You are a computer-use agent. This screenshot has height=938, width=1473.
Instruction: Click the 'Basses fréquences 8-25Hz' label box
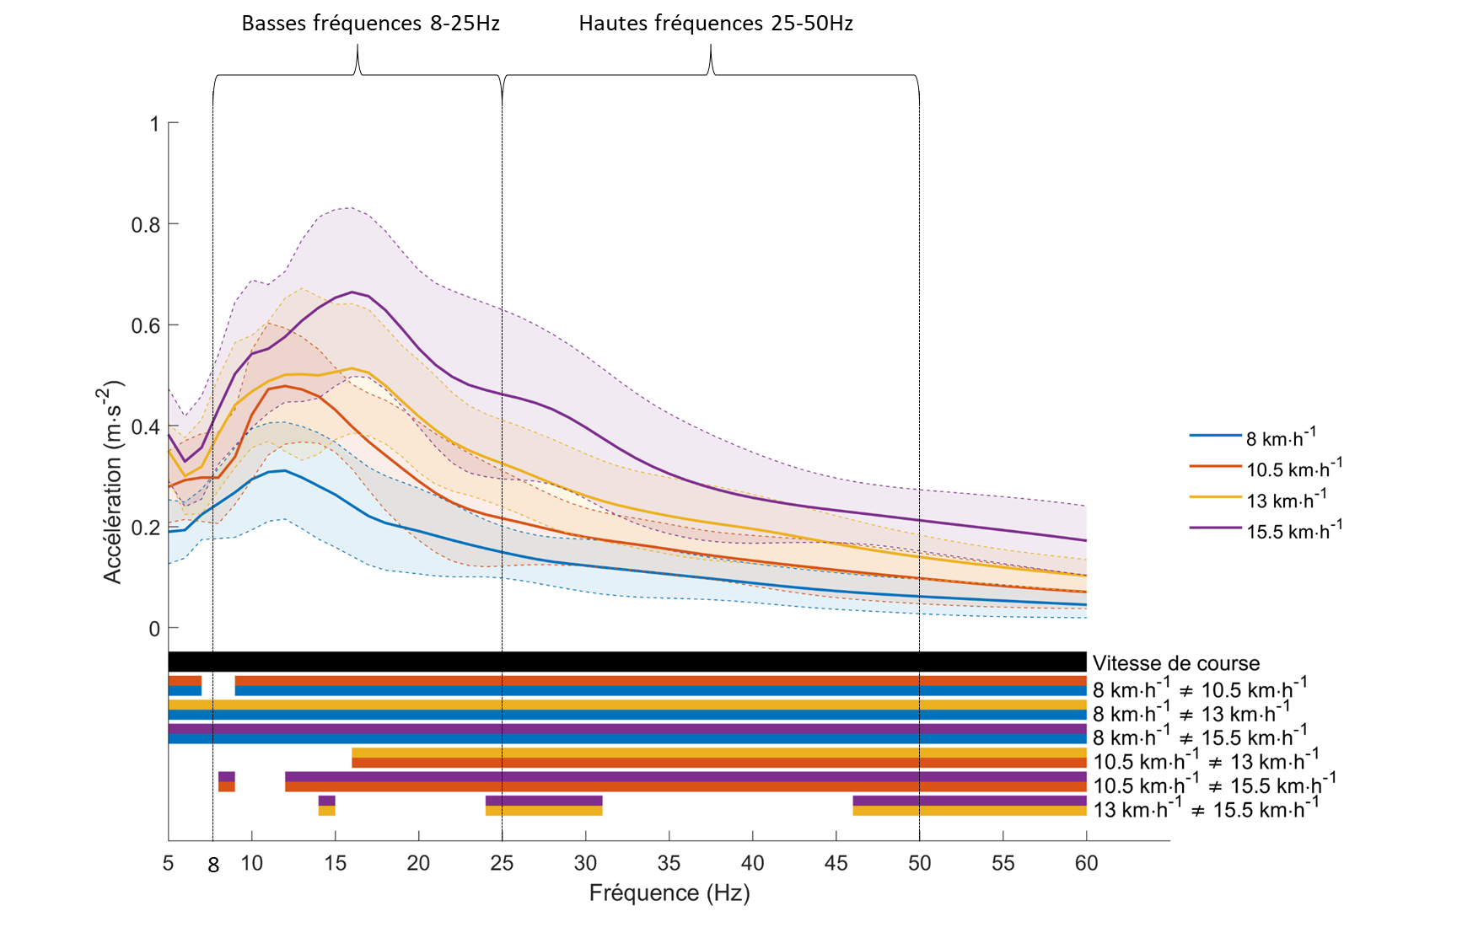pyautogui.click(x=371, y=23)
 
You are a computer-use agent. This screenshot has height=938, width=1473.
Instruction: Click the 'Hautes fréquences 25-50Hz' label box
pyautogui.click(x=716, y=23)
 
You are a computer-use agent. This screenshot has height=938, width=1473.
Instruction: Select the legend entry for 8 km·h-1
pyautogui.click(x=1280, y=437)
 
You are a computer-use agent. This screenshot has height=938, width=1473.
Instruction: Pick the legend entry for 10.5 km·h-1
pyautogui.click(x=1293, y=468)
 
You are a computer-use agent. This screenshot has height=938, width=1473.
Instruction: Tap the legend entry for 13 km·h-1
pyautogui.click(x=1285, y=499)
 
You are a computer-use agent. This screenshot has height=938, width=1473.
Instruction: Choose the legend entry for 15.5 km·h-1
pyautogui.click(x=1293, y=530)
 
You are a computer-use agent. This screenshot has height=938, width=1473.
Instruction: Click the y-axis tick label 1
pyautogui.click(x=154, y=124)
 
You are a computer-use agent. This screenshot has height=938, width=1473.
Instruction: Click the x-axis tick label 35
pyautogui.click(x=669, y=863)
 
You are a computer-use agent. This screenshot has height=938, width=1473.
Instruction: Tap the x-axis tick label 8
pyautogui.click(x=213, y=865)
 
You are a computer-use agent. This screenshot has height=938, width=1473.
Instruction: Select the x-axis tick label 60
pyautogui.click(x=1086, y=863)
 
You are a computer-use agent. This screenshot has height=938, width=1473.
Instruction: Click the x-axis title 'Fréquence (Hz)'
pyautogui.click(x=669, y=892)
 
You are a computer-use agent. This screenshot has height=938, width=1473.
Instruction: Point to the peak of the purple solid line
pyautogui.click(x=352, y=292)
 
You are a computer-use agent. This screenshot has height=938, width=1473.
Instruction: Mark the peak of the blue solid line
pyautogui.click(x=284, y=470)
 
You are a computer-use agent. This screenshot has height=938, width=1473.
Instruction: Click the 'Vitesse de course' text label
pyautogui.click(x=1175, y=663)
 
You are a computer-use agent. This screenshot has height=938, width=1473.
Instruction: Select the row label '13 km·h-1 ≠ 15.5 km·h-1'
pyautogui.click(x=1206, y=809)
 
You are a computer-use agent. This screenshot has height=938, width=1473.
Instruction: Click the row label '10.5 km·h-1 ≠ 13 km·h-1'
pyautogui.click(x=1206, y=761)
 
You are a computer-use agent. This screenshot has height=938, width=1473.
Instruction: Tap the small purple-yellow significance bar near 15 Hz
pyautogui.click(x=326, y=806)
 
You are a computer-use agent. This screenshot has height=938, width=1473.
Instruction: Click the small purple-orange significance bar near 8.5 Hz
pyautogui.click(x=226, y=781)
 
